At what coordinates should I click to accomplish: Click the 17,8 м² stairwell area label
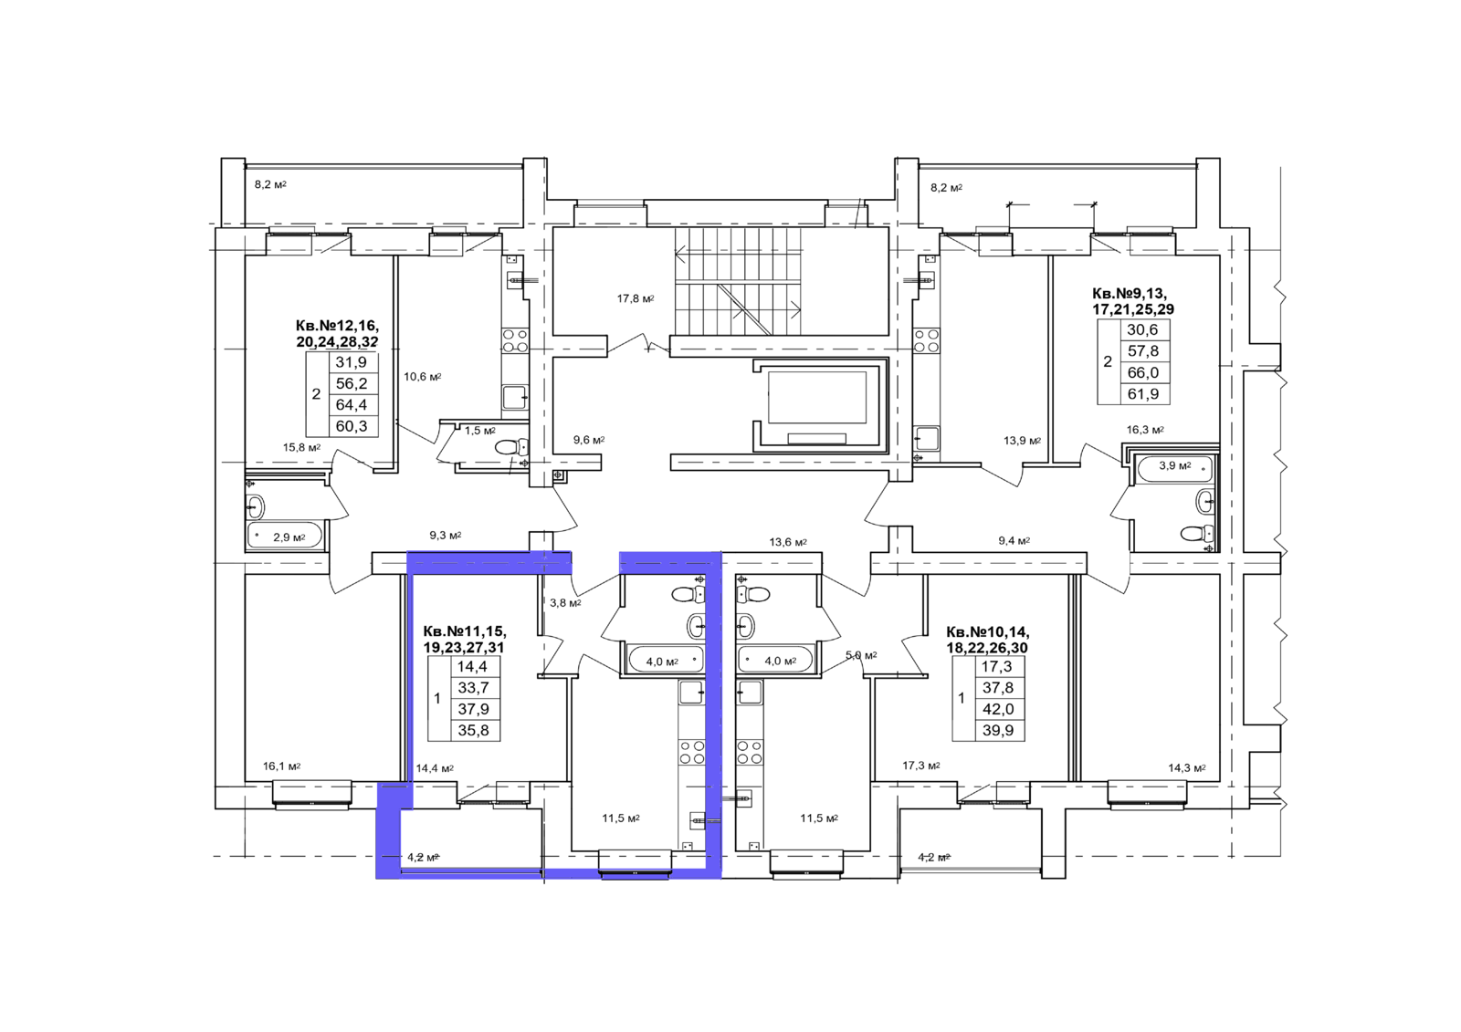(636, 299)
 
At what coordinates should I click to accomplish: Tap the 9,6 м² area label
(589, 440)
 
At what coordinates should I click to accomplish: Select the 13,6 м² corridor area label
(788, 542)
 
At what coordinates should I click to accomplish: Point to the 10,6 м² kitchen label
(423, 377)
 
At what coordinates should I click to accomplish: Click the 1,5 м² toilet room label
(480, 431)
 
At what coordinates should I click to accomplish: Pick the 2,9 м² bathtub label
(289, 537)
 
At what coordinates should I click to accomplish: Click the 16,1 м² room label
(282, 766)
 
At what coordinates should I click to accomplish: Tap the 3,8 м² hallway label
(565, 603)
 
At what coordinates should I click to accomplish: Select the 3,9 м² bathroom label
(1174, 465)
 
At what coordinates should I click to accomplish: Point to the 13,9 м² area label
(1022, 442)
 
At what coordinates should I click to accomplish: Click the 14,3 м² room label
(1186, 768)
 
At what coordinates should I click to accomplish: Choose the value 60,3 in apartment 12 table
(352, 426)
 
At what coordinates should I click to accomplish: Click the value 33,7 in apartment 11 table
(474, 688)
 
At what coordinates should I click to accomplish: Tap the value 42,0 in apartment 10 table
(998, 709)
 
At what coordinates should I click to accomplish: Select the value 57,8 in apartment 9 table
(1143, 351)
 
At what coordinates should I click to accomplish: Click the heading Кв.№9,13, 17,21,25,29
(1133, 300)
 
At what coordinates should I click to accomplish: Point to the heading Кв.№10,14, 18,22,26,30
(988, 640)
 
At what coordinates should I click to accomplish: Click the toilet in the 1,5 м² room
(511, 447)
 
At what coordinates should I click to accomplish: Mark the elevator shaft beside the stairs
(819, 405)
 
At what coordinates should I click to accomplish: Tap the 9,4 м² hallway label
(1014, 540)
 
